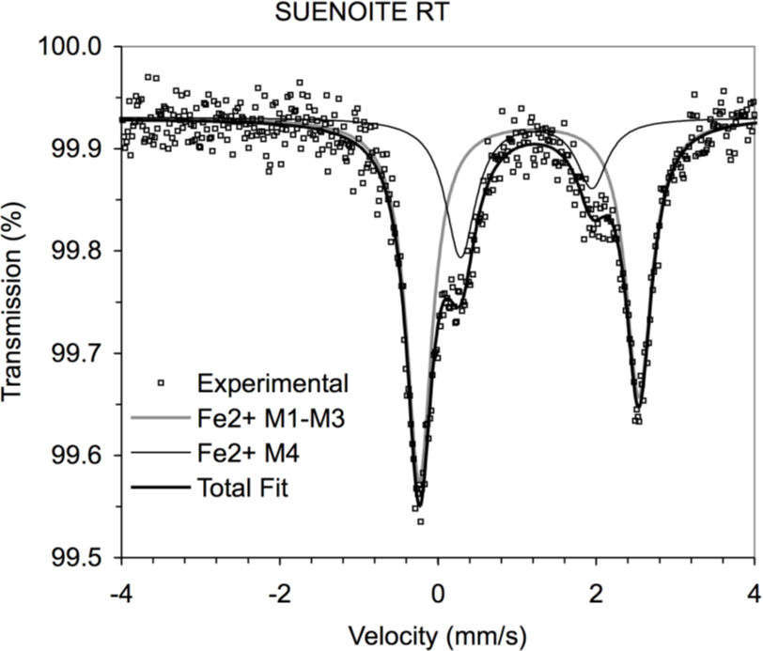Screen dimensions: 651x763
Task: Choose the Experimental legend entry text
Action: pyautogui.click(x=273, y=383)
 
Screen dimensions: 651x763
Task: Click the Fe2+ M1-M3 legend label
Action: pyautogui.click(x=274, y=419)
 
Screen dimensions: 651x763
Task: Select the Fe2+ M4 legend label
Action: pyautogui.click(x=248, y=454)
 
